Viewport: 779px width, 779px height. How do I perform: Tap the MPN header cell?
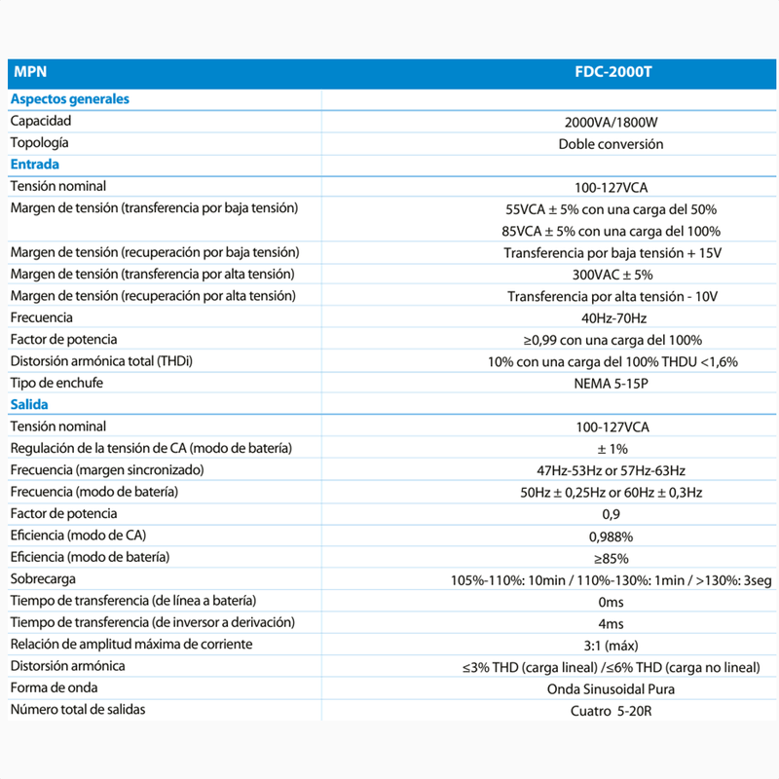(28, 73)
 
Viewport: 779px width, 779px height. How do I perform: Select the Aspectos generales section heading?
(69, 98)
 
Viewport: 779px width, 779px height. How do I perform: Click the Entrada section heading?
(34, 165)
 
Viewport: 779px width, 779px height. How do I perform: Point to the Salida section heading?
(29, 404)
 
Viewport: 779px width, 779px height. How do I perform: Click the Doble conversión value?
(611, 144)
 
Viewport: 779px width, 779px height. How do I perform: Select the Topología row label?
(39, 143)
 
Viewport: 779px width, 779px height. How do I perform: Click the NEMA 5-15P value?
(611, 383)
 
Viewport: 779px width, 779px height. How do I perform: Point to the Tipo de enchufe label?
(56, 383)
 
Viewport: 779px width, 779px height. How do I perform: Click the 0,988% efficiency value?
(611, 537)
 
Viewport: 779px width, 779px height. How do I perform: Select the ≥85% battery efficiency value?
(611, 558)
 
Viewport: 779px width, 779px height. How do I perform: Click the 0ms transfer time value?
(611, 602)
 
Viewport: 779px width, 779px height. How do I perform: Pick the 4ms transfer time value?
(611, 623)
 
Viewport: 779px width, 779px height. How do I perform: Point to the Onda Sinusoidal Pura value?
(611, 688)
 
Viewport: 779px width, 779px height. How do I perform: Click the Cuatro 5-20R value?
(611, 711)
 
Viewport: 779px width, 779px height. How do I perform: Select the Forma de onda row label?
(54, 687)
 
